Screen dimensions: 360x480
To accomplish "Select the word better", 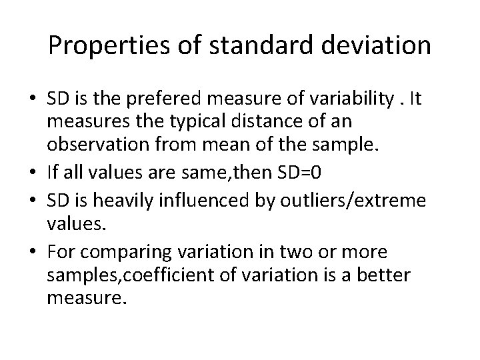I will click(x=390, y=274).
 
